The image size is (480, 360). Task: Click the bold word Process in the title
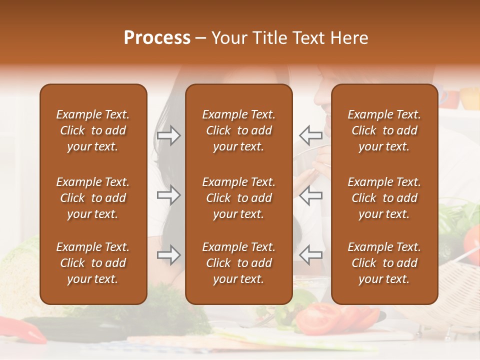157,38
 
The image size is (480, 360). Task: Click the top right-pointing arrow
168,135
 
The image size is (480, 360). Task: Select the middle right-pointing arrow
168,195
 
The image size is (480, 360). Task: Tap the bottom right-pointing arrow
168,255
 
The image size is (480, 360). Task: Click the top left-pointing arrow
310,135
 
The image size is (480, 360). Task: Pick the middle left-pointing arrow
310,195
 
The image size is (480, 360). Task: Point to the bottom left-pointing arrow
310,255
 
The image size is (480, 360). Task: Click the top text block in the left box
93,130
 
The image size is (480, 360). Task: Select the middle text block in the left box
93,198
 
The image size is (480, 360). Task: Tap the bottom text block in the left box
93,263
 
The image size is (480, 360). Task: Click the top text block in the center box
238,130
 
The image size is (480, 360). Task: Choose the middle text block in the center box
238,198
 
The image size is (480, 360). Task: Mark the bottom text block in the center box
238,263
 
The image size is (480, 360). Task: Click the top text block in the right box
384,130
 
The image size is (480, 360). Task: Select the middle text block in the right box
384,198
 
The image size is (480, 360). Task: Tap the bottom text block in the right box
384,263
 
